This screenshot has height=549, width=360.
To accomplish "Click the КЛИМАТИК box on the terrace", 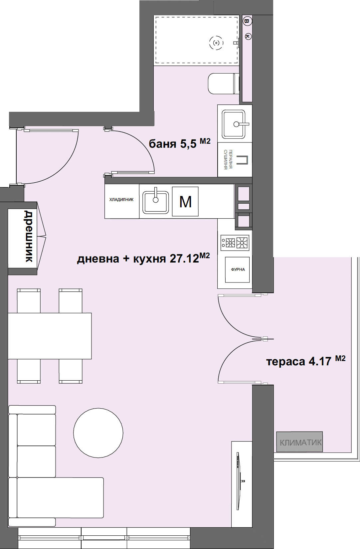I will pos(299,442).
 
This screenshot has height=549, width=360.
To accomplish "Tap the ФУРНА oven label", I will pos(238,270).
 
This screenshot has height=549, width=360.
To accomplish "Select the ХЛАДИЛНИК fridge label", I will pos(121,200).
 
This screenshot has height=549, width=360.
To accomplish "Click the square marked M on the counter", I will pos(185,202).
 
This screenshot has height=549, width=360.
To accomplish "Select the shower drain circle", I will pos(216,43).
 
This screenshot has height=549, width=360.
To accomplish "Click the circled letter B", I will pos(247,21).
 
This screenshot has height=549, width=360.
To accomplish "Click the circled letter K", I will pos(248,36).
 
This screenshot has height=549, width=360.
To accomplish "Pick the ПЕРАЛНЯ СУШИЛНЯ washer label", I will pos(228,160).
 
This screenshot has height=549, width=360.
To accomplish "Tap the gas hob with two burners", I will pos(235,243).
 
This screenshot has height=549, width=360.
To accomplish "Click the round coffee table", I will pos(98,433).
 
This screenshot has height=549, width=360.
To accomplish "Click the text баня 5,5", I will pos(173,144).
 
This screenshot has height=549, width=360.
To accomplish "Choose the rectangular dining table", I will pos(50,336).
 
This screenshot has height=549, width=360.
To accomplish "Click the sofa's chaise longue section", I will pos(60,497).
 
